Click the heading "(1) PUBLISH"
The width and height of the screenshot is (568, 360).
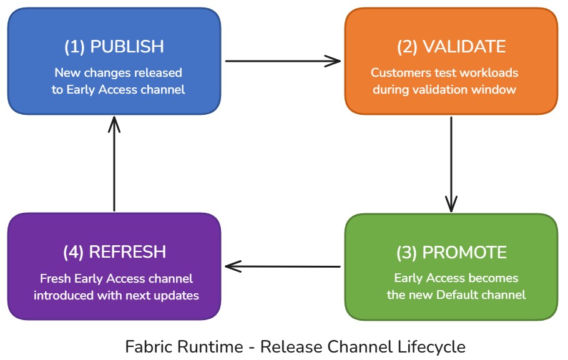[x=114, y=47]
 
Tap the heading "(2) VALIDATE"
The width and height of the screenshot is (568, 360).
[x=451, y=47]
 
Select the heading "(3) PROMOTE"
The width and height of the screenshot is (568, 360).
[x=451, y=253]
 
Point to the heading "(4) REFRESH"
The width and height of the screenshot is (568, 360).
[x=114, y=252]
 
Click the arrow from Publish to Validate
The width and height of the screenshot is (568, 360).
[x=283, y=61]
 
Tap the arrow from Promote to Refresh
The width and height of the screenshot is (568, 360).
[x=283, y=266]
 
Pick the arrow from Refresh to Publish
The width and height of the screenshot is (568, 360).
[x=114, y=163]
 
